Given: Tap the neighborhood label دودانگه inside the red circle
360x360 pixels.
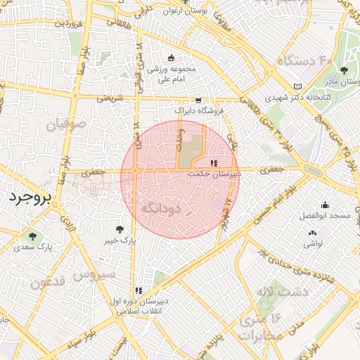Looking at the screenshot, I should tap(162, 208).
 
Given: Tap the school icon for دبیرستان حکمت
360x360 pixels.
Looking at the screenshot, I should tap(214, 163).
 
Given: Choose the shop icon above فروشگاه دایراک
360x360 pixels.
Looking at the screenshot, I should tap(199, 100).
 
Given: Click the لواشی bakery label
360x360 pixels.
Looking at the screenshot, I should tap(313, 243).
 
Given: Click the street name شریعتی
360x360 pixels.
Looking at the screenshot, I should tap(109, 98).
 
